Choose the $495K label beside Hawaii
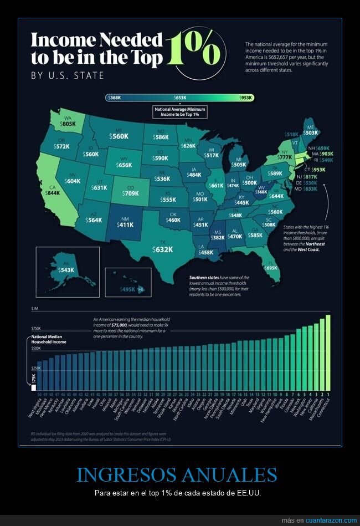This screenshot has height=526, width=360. (x=128, y=289)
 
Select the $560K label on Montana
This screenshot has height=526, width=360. (x=119, y=136)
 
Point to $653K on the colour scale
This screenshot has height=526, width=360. (x=179, y=98)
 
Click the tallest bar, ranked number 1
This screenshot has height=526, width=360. (x=328, y=352)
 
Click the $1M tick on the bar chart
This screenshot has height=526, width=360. (x=35, y=308)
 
